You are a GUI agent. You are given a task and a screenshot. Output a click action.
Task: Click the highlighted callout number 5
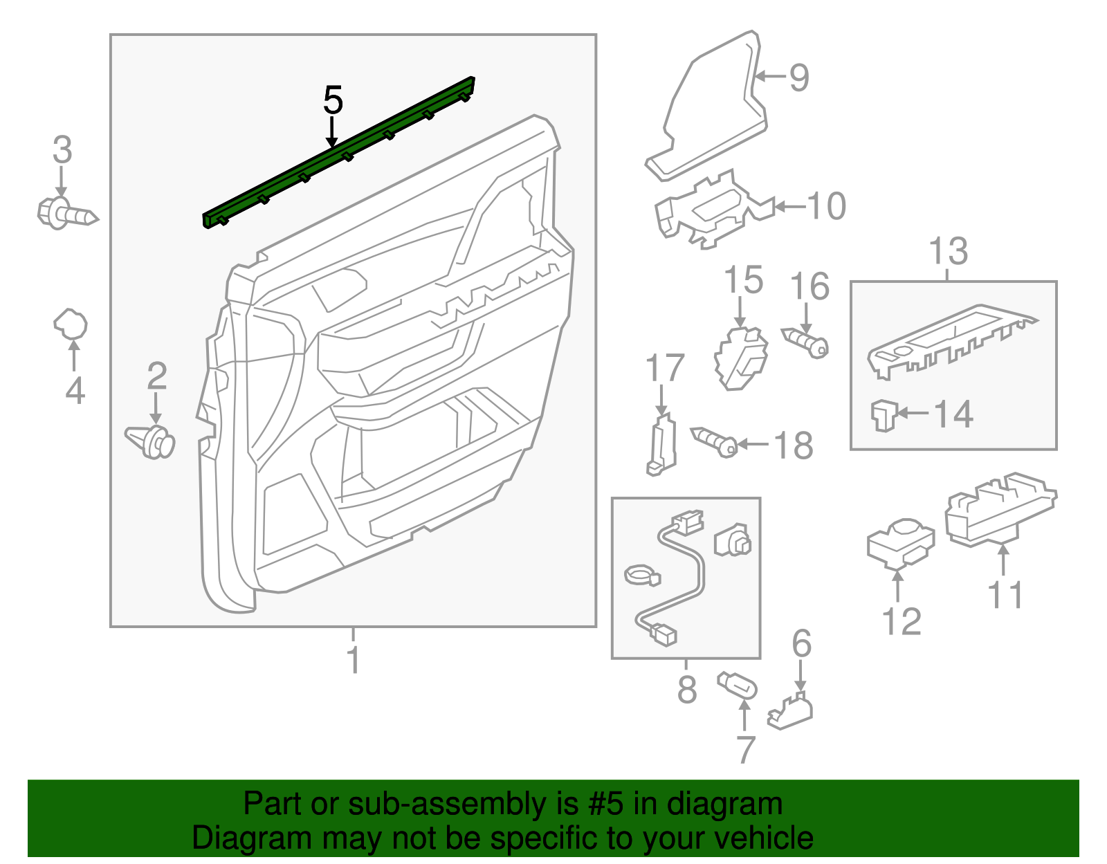[x=333, y=101]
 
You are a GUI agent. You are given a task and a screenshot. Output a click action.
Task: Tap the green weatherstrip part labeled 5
[x=339, y=152]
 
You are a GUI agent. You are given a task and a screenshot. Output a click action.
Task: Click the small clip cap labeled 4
[x=71, y=324]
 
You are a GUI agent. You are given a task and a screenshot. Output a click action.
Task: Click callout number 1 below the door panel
[x=354, y=660]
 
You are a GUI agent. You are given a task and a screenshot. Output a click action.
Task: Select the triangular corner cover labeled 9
[x=713, y=111]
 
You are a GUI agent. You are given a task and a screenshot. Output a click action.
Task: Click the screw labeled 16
[x=806, y=342]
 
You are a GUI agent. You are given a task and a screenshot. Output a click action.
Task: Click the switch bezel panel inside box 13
[x=951, y=340]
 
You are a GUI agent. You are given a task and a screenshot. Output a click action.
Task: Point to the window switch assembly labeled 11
[x=999, y=509]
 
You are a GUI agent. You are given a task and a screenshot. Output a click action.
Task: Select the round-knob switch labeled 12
[x=899, y=542]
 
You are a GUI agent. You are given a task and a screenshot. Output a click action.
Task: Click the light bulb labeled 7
[x=738, y=688]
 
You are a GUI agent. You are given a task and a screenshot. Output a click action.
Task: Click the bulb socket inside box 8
[x=733, y=540]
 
